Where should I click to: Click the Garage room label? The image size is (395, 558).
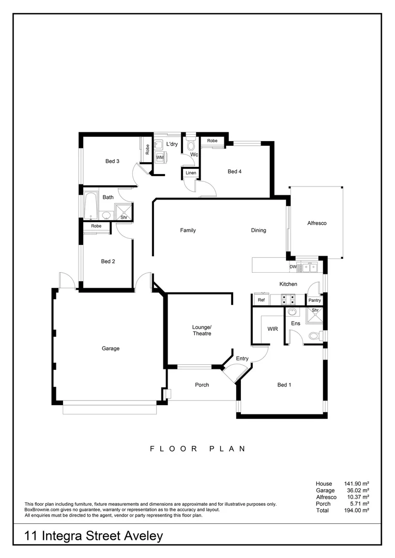pyautogui.click(x=110, y=348)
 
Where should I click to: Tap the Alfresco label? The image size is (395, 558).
pyautogui.click(x=317, y=223)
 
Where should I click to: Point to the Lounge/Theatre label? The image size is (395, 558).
pyautogui.click(x=202, y=330)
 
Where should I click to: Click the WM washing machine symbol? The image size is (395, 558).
pyautogui.click(x=160, y=157)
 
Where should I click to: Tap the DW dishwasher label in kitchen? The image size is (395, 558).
pyautogui.click(x=293, y=267)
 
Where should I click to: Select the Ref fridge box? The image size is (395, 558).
pyautogui.click(x=261, y=300)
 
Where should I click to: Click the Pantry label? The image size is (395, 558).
pyautogui.click(x=314, y=300)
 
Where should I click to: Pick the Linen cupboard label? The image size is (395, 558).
pyautogui.click(x=190, y=173)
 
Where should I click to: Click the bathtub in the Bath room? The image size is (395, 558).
pyautogui.click(x=91, y=206)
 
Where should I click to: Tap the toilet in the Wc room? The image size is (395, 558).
pyautogui.click(x=191, y=145)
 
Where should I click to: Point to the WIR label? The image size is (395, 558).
pyautogui.click(x=272, y=329)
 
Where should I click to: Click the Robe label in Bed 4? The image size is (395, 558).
pyautogui.click(x=212, y=141)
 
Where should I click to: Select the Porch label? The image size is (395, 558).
pyautogui.click(x=202, y=384)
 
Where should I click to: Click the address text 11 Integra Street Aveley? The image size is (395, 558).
pyautogui.click(x=94, y=536)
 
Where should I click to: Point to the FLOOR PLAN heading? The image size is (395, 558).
pyautogui.click(x=197, y=449)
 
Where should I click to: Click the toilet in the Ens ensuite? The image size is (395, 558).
pyautogui.click(x=314, y=336)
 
